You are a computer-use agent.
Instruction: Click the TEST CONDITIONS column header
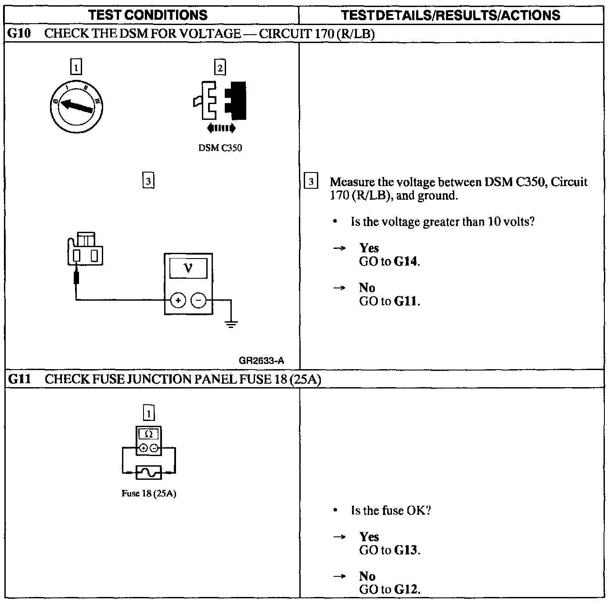tap(148, 15)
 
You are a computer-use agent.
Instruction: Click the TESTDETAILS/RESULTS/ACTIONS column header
tap(451, 15)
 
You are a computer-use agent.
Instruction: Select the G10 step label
tap(19, 34)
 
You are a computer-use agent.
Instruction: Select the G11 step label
tap(19, 379)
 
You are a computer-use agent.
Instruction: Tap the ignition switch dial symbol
tap(76, 106)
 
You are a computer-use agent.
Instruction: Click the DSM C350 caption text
tap(220, 148)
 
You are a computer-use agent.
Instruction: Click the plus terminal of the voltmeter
tap(178, 301)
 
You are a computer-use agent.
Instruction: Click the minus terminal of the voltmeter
tap(198, 301)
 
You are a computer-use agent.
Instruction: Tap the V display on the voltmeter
tap(188, 268)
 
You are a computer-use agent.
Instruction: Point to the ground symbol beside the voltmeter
tap(231, 324)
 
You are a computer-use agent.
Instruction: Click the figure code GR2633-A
tap(261, 361)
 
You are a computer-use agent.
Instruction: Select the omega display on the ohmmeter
tap(148, 434)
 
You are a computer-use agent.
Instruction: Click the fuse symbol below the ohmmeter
tap(149, 472)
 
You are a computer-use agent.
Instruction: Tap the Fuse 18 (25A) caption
tap(149, 493)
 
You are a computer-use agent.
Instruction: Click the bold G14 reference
tap(406, 262)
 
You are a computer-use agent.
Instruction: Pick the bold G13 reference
tap(406, 550)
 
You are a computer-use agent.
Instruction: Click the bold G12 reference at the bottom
tap(406, 589)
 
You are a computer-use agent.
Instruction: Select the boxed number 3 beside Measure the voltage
tap(311, 182)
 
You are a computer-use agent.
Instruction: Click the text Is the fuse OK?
tap(391, 511)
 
